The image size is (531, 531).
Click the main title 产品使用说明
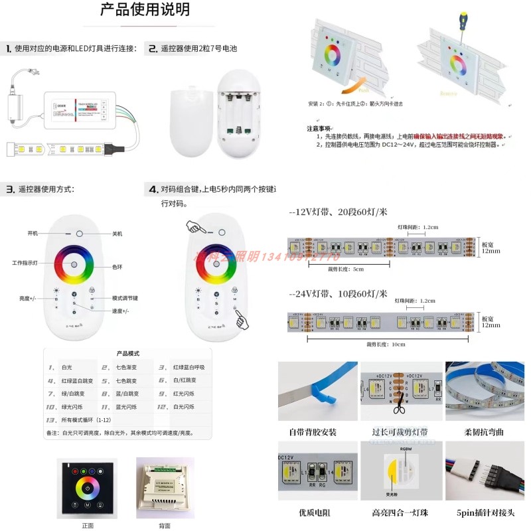coord(145,10)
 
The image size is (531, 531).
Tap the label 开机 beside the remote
coord(33,234)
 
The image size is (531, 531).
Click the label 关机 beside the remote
coord(117,234)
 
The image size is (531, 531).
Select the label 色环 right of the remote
coord(116,265)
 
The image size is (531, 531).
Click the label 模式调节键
coord(125,298)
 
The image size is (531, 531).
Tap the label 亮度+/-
coord(28,299)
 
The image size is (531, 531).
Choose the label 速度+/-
coord(119,311)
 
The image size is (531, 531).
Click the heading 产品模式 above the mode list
coord(127,354)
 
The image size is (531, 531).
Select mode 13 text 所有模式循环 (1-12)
coord(86,420)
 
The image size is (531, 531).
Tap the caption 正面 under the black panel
coord(88,525)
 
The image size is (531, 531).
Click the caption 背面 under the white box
coord(164,525)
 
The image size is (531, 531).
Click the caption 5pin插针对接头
coord(485,512)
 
